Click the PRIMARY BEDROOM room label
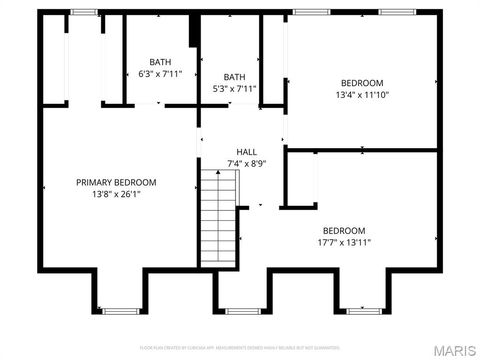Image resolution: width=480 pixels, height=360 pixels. coord(117,182)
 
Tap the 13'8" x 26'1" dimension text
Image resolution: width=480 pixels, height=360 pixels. coord(117,194)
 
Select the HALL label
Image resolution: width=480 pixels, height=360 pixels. coord(246,151)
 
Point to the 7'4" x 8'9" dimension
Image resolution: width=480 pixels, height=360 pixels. coord(246,163)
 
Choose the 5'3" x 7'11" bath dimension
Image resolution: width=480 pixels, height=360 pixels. coord(235,88)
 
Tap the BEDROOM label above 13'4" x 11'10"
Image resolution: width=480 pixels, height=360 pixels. coord(361,83)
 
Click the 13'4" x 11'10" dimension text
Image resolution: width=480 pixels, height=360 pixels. coord(361,95)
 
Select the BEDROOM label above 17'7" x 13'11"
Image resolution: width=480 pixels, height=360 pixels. coord(342,230)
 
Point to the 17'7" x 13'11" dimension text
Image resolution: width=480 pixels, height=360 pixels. coord(343,242)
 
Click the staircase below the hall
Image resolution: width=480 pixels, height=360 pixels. coord(218,216)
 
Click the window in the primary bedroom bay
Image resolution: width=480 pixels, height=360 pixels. coord(120,311)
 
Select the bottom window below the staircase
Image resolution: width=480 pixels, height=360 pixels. coord(242,311)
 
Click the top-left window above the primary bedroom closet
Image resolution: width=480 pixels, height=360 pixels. coord(84,11)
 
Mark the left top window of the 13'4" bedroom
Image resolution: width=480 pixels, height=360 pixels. coord(310,11)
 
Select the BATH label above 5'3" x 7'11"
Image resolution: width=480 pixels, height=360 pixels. coord(235,76)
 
